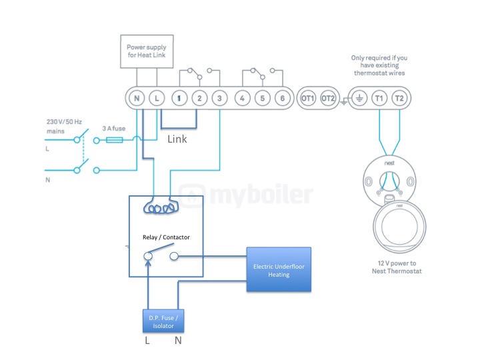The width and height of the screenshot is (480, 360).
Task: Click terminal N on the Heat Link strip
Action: [137, 98]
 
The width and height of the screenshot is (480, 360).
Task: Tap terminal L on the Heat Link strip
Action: [157, 98]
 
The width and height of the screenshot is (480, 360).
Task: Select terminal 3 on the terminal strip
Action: [219, 98]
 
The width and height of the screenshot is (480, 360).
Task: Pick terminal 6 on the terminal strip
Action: [283, 98]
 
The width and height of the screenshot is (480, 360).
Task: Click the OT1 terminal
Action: [308, 98]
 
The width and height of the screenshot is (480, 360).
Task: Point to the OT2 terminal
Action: [328, 98]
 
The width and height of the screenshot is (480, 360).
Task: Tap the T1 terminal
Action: [379, 98]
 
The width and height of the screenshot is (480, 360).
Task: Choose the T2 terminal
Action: [399, 98]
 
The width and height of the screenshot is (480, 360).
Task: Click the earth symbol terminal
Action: [359, 98]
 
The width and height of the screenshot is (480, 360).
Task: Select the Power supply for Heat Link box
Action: [147, 51]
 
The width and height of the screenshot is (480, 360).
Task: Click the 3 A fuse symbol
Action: [115, 140]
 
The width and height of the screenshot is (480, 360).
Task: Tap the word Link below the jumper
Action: [177, 139]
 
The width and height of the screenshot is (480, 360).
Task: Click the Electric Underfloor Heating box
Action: [279, 269]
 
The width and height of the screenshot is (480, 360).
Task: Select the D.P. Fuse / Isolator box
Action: [163, 321]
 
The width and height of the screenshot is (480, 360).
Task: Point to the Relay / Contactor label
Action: [166, 237]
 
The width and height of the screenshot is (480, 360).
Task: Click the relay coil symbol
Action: [161, 207]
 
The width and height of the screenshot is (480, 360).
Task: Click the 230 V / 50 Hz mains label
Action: [64, 127]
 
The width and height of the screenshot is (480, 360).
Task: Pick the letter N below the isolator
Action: [178, 341]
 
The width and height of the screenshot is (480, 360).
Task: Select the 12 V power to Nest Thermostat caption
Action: [397, 267]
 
